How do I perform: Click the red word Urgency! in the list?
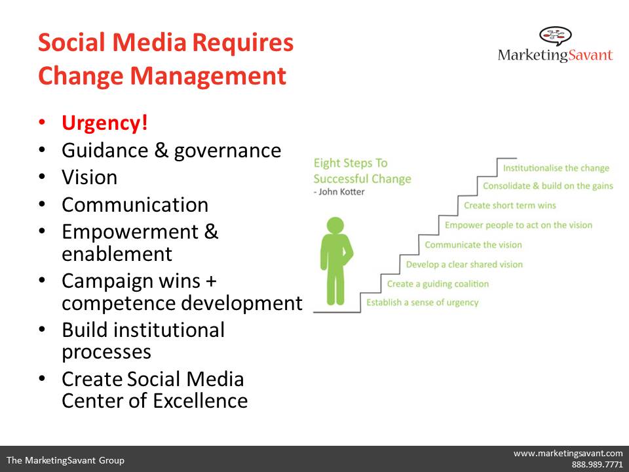105,123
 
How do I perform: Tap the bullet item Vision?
90,177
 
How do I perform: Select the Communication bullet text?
135,205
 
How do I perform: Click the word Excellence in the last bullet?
200,401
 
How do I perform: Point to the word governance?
227,151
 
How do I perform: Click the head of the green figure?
335,225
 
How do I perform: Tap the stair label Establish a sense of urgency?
423,302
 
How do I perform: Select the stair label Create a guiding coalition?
438,284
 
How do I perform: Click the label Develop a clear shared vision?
464,264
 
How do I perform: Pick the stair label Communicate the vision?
473,245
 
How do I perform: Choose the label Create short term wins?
510,205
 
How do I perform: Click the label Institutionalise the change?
556,168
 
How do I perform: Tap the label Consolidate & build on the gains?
548,186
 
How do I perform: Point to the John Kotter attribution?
339,192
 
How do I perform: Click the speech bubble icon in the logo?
555,35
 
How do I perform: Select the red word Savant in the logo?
590,54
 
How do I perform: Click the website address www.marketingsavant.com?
568,454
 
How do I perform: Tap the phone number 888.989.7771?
598,464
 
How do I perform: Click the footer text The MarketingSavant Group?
66,460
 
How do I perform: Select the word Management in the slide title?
208,76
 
